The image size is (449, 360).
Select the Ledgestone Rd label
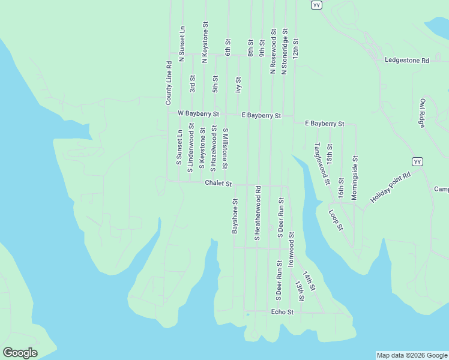pyautogui.click(x=407, y=61)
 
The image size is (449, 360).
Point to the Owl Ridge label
pyautogui.click(x=423, y=113)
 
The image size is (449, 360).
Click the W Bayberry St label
pyautogui.click(x=198, y=113)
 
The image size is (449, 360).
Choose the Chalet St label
pyautogui.click(x=218, y=183)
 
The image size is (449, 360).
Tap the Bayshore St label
pyautogui.click(x=235, y=217)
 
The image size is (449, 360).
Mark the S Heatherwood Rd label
pyautogui.click(x=257, y=214)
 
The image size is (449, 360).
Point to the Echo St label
pyautogui.click(x=282, y=312)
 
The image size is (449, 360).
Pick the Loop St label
pyautogui.click(x=336, y=220)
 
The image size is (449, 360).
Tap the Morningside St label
pyautogui.click(x=354, y=178)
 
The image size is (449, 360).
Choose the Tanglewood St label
pyautogui.click(x=322, y=163)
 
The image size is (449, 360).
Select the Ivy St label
pyautogui.click(x=239, y=84)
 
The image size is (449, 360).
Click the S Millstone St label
pyautogui.click(x=226, y=148)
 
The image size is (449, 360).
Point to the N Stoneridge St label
pyautogui.click(x=285, y=51)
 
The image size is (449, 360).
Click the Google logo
pyautogui.click(x=20, y=353)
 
